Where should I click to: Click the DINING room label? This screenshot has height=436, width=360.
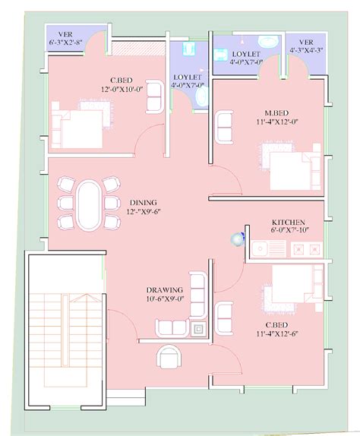point(144,202)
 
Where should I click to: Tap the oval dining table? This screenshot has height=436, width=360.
point(90,205)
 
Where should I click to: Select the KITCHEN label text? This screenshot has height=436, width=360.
point(289,223)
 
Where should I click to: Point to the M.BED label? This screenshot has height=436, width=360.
point(276,113)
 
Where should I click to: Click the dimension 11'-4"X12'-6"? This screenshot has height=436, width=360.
point(277,333)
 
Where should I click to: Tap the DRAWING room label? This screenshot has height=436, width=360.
point(165,290)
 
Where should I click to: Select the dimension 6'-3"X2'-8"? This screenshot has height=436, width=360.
point(66,43)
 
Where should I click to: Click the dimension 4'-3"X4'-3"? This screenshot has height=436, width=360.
point(306,50)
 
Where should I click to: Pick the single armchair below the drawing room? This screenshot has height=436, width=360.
point(169,357)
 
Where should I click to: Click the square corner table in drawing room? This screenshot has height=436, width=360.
point(198,330)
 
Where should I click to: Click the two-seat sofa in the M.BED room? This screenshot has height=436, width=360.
point(224,128)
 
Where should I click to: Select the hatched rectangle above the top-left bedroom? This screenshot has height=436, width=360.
point(139,49)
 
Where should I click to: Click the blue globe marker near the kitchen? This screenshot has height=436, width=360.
point(238,239)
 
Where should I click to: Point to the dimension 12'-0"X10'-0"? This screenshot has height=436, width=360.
point(122,90)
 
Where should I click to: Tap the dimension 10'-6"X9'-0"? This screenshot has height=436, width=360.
point(165,299)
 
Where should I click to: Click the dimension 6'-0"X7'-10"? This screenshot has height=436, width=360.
point(289,230)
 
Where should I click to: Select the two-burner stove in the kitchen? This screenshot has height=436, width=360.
point(306,249)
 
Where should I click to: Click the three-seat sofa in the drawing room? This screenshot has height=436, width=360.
point(198,295)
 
